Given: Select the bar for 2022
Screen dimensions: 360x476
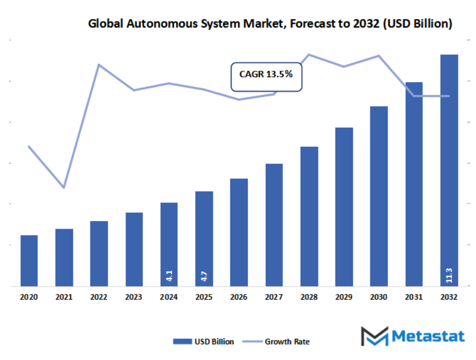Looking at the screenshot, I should tap(99, 253).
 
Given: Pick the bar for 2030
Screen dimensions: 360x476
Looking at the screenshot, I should tap(379, 196).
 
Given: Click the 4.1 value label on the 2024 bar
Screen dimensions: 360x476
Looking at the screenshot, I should tap(169, 275).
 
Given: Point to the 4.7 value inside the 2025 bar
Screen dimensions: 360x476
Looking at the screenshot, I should tap(204, 275).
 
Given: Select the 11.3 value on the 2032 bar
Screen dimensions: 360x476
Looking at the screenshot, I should tap(449, 275).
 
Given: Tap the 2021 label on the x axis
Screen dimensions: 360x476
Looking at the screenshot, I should tap(64, 297).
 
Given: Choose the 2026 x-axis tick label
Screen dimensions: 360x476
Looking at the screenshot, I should tap(239, 297).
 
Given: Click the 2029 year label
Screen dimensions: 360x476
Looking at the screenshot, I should tap(344, 297).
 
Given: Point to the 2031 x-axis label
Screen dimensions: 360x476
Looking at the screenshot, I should tap(414, 297).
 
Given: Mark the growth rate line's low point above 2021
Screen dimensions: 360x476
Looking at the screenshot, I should tap(64, 187).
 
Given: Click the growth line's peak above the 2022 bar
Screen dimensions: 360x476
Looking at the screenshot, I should tap(99, 65).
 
